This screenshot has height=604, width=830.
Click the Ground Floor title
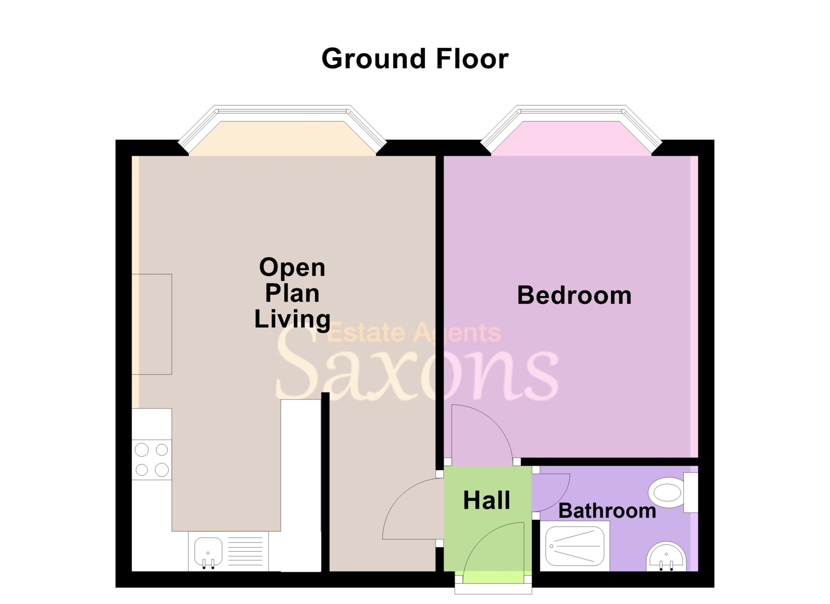click(415, 59)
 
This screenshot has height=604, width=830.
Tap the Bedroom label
click(574, 295)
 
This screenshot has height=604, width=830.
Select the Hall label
click(486, 500)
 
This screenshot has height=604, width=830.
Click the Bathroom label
click(607, 511)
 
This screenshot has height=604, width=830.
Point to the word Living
click(292, 319)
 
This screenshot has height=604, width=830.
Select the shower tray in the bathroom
click(575, 546)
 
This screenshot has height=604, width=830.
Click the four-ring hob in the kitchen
click(152, 460)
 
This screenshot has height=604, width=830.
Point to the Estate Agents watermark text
click(413, 333)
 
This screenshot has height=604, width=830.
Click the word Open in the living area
click(292, 268)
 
